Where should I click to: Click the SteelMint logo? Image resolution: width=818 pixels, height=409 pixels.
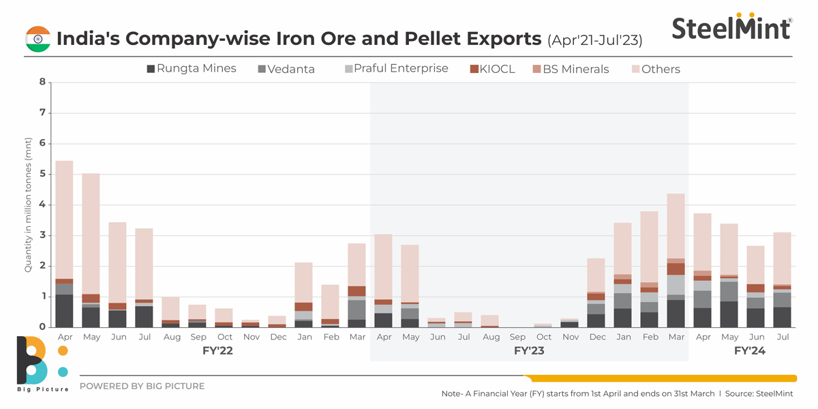[731, 28]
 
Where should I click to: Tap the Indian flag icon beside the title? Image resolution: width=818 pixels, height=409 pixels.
[38, 39]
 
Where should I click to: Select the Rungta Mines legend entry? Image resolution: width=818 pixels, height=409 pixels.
[192, 68]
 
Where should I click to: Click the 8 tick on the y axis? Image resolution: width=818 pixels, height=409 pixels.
[42, 82]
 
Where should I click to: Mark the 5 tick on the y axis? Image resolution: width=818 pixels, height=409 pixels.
[42, 175]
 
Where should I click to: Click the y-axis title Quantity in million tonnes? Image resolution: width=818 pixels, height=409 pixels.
[29, 204]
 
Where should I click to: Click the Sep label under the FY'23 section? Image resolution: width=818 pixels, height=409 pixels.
[517, 337]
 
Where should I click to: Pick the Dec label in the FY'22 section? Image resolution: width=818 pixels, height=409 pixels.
[277, 337]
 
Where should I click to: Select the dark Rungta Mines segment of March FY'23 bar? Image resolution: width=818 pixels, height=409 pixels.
[676, 314]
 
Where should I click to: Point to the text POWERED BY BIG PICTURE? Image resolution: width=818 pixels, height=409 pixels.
[142, 387]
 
